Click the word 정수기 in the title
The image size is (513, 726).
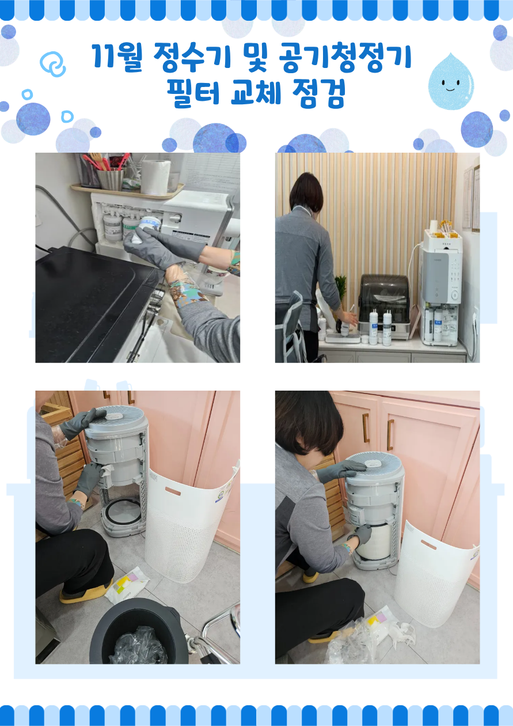point(192,58)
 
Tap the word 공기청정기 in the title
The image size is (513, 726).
point(345,58)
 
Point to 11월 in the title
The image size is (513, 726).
point(117,58)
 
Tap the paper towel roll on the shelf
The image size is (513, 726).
point(156,177)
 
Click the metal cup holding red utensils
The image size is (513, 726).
point(111,179)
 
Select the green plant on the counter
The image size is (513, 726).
point(341,287)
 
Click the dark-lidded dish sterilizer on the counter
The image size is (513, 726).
point(384,305)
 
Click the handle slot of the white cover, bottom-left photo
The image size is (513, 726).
point(173,491)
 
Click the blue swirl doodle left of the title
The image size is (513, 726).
point(53,64)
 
